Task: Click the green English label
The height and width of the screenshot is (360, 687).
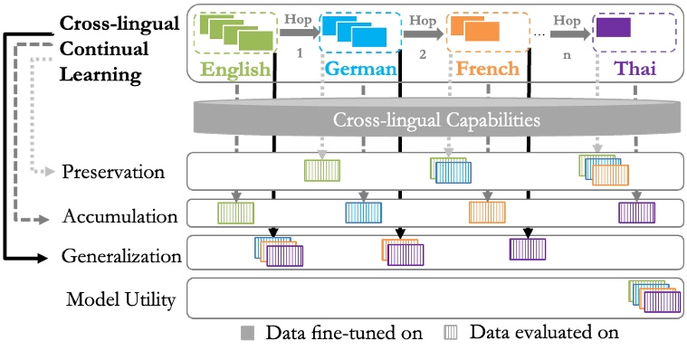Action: point(236,69)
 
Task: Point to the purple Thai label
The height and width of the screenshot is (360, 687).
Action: point(635,69)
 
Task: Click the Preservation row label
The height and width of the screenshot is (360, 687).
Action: point(113,170)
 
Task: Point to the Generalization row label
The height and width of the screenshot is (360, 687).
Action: point(121,256)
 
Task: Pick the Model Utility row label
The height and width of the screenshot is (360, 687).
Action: point(120,298)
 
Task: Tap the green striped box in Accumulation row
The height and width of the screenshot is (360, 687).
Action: point(235,213)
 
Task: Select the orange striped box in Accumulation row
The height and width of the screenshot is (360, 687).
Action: point(487,213)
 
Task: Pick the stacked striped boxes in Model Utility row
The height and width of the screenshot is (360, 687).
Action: point(654,297)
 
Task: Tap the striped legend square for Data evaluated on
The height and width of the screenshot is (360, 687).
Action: point(452,332)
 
